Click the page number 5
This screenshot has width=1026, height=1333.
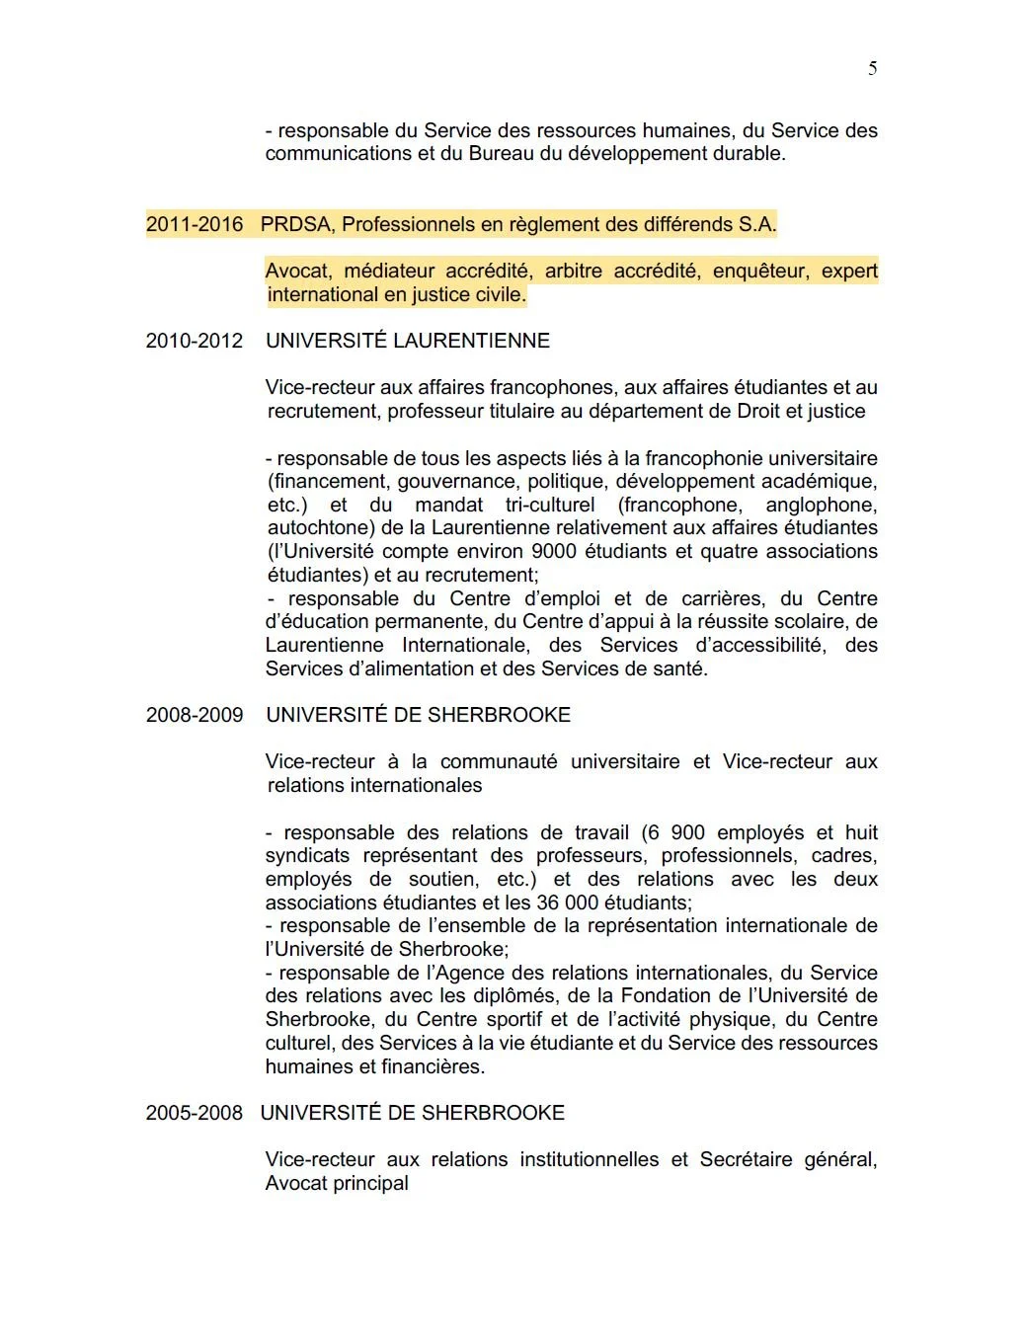872,68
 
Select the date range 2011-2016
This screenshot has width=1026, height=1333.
195,224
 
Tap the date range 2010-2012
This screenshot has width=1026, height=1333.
195,341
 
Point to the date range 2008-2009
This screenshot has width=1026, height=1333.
195,715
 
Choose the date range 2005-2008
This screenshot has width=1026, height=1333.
195,1113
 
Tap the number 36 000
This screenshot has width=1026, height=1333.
568,902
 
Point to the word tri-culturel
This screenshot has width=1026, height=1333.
550,505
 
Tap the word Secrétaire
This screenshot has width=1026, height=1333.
746,1159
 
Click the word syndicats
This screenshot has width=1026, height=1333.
307,855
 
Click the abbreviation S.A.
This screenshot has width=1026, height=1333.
756,224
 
